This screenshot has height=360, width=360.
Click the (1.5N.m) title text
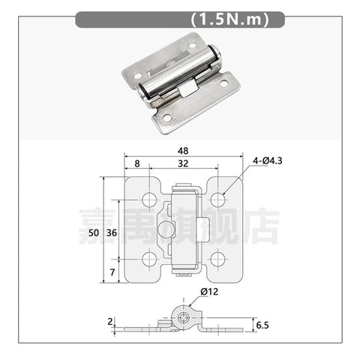[x=226, y=19]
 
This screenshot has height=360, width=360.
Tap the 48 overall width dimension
[x=184, y=150]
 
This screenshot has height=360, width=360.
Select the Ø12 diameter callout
[x=209, y=292]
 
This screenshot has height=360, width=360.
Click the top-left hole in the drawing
[x=149, y=199]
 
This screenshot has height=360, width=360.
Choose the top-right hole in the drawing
[x=217, y=199]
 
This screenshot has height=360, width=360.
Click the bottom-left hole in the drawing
[x=149, y=259]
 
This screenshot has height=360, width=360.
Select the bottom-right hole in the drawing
[x=217, y=259]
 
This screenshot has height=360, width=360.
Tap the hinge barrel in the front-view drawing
[x=184, y=229]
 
